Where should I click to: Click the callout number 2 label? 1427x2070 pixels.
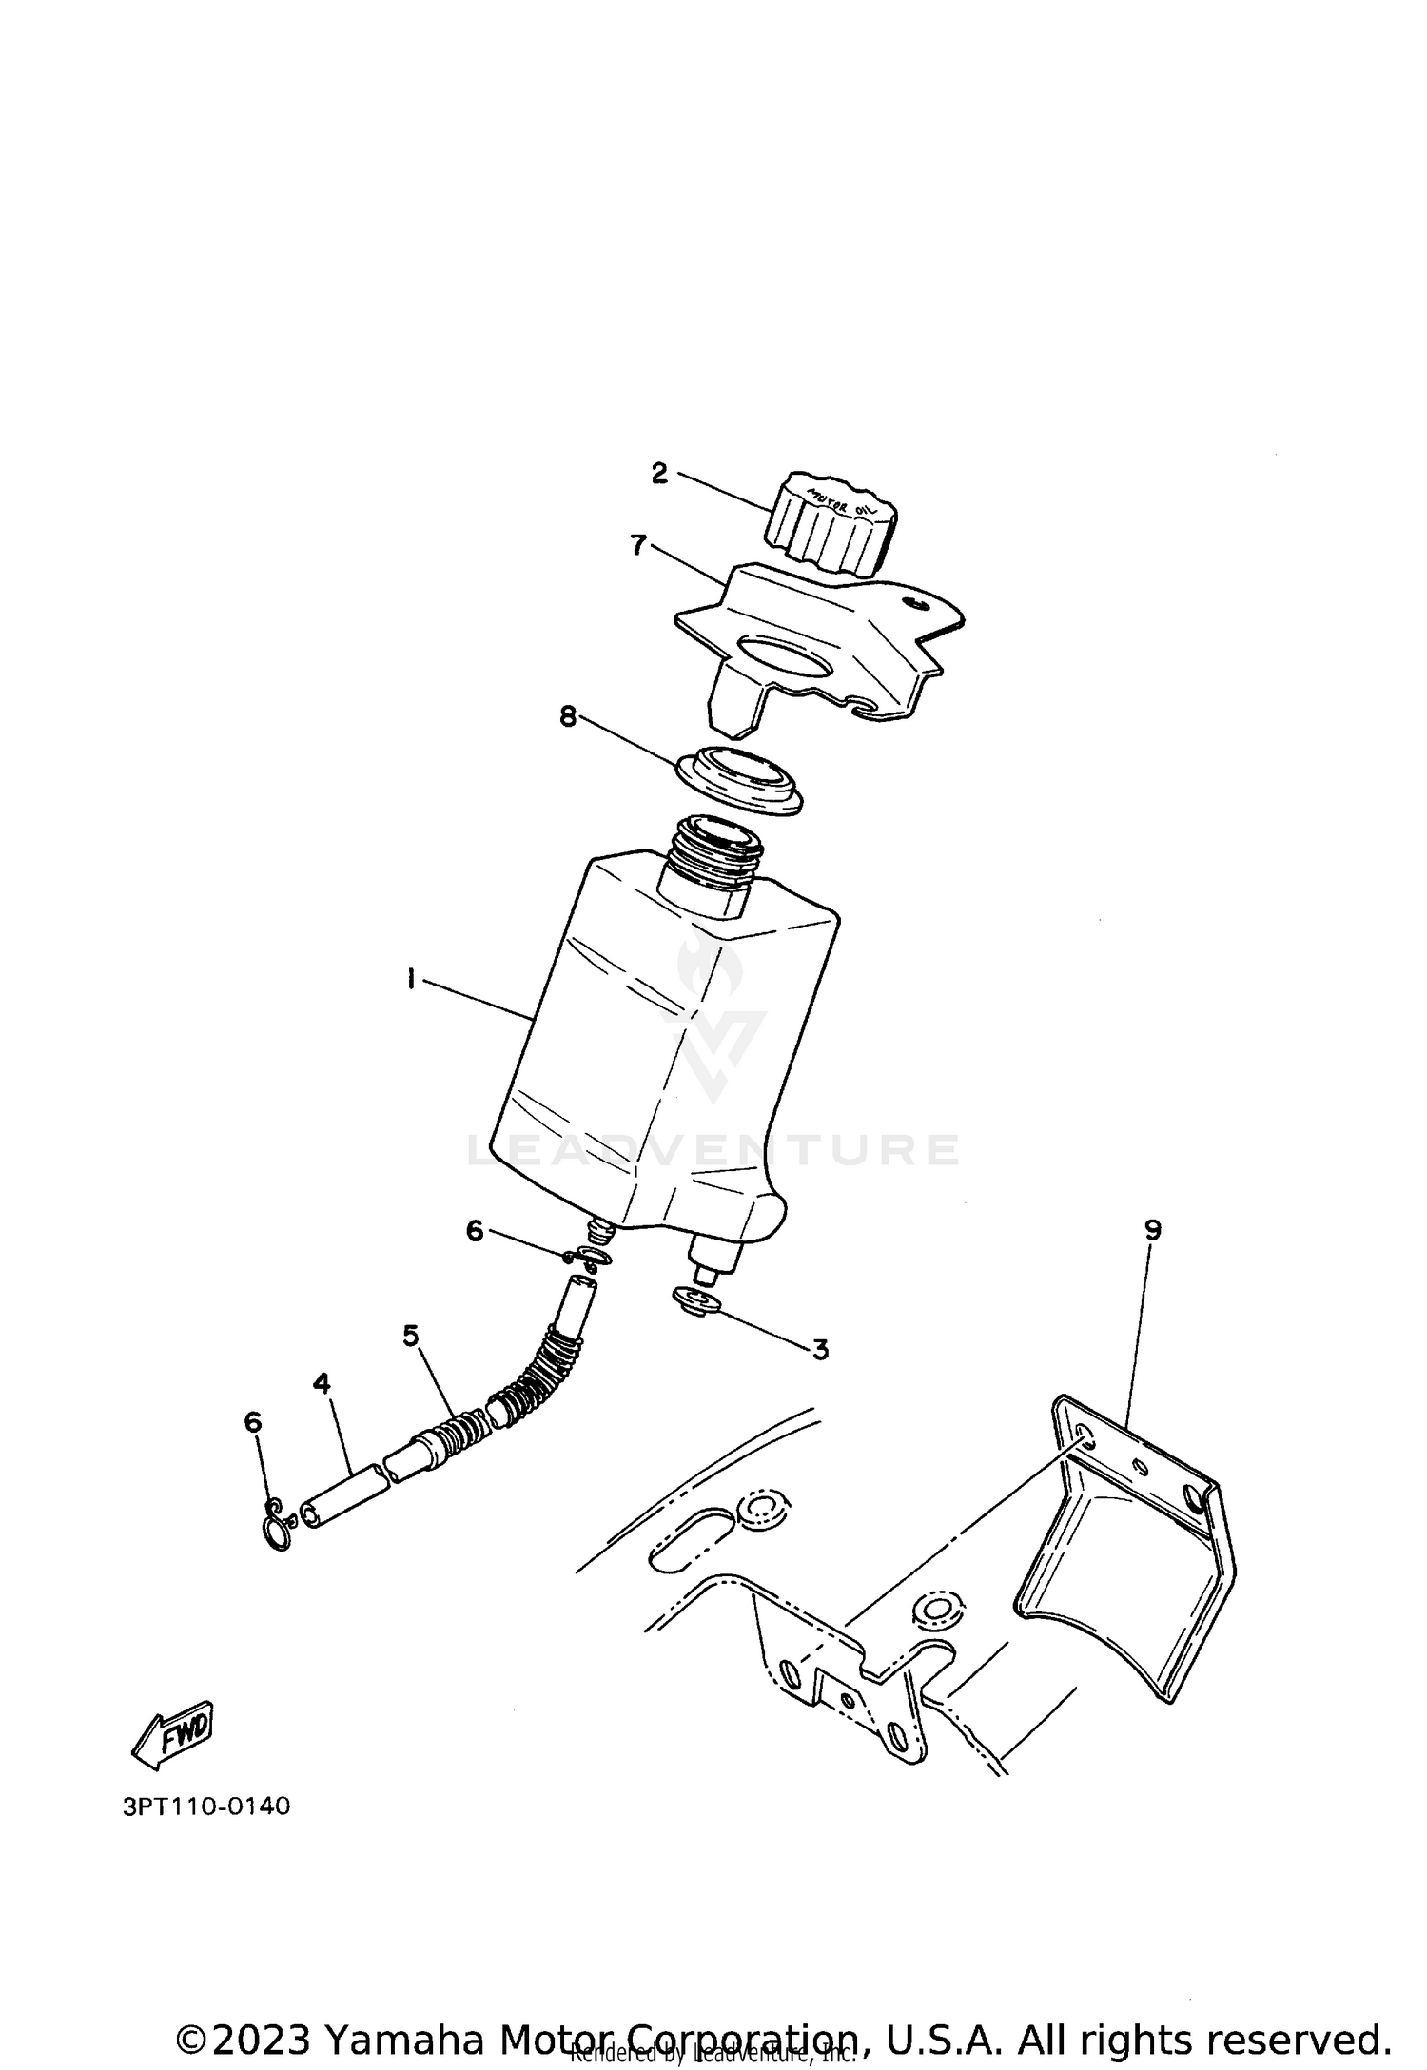click(x=659, y=474)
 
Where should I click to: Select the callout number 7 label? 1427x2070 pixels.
click(x=638, y=545)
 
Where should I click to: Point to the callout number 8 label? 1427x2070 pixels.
click(x=568, y=716)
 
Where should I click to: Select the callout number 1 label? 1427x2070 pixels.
click(x=411, y=978)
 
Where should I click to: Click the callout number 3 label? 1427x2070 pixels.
click(x=819, y=1349)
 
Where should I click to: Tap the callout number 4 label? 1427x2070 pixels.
click(x=322, y=1383)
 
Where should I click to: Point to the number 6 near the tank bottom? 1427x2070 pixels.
click(x=475, y=1231)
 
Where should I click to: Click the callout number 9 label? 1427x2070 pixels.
click(x=1152, y=1230)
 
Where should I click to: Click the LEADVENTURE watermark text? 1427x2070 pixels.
click(x=713, y=1149)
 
